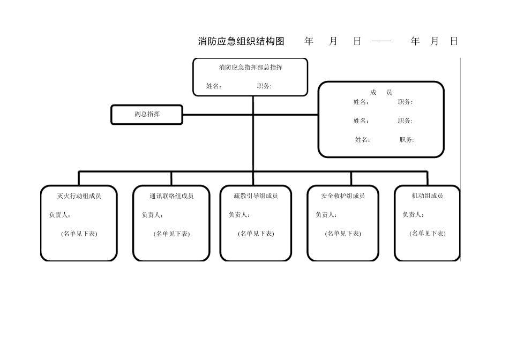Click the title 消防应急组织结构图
[x=241, y=42]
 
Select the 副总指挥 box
[x=147, y=115]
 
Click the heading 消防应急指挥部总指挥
[x=250, y=67]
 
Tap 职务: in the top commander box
[x=264, y=86]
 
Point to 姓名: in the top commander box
[x=214, y=86]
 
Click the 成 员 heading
[x=381, y=93]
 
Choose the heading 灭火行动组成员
[x=79, y=196]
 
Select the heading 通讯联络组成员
[x=171, y=196]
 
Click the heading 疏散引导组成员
[x=256, y=196]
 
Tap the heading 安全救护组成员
[x=343, y=196]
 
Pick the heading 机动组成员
[x=427, y=196]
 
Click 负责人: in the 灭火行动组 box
[x=59, y=215]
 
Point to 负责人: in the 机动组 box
[x=413, y=215]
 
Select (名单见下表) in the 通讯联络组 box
[x=171, y=234]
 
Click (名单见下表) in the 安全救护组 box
[x=343, y=234]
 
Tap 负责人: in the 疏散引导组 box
[x=239, y=215]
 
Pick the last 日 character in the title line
[x=454, y=42]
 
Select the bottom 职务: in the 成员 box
[x=407, y=140]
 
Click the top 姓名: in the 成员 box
[x=361, y=102]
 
